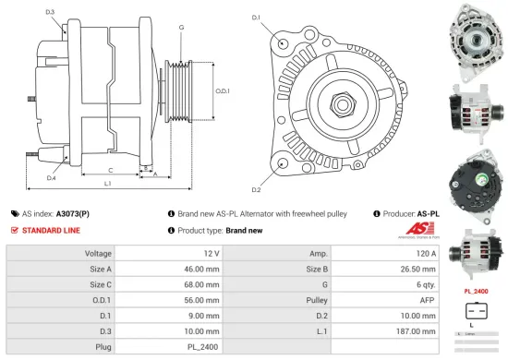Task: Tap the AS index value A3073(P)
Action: (75, 212)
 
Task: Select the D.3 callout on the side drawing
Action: (49, 12)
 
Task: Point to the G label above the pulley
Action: (181, 28)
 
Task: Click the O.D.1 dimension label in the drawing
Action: (223, 90)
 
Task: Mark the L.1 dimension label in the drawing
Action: (108, 185)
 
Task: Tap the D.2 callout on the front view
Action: (256, 190)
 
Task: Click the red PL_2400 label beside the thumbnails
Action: (475, 291)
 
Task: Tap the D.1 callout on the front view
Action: (256, 18)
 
